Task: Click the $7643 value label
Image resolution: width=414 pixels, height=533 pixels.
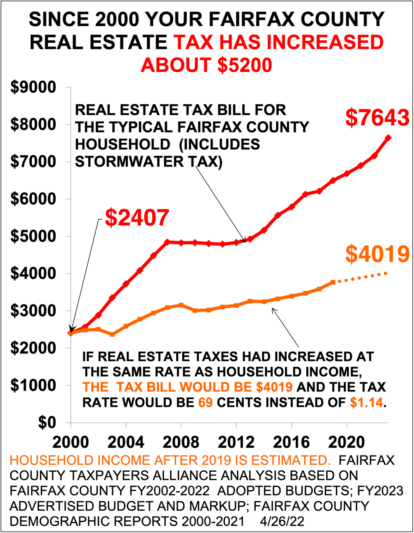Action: point(377,117)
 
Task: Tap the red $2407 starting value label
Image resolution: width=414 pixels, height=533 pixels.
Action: point(137,218)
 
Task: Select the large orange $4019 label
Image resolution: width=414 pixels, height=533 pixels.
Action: point(377,254)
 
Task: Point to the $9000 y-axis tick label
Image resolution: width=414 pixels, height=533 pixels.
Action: point(33,87)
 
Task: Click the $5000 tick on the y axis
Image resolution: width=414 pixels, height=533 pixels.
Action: point(33,236)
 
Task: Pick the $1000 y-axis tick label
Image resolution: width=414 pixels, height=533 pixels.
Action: point(33,386)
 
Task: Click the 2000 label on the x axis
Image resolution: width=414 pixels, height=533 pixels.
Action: point(71,442)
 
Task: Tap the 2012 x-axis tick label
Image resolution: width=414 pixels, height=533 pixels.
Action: point(236,442)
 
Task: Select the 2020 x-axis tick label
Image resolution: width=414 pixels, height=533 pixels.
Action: point(347,442)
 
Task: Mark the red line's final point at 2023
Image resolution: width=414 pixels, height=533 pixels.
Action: point(388,138)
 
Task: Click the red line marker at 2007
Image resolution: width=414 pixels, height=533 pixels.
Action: point(167,242)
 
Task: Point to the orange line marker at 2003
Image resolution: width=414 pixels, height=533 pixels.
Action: point(112,334)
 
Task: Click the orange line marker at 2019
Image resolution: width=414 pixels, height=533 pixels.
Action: point(333,282)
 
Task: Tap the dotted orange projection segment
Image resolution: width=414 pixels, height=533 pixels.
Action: point(361,278)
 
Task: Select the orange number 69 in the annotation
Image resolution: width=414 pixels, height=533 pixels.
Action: point(205,402)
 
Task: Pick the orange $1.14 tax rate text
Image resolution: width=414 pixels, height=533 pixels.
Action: point(366,402)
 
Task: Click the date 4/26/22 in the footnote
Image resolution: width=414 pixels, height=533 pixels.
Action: point(282,521)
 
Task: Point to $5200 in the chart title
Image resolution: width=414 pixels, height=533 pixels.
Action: point(245,65)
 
